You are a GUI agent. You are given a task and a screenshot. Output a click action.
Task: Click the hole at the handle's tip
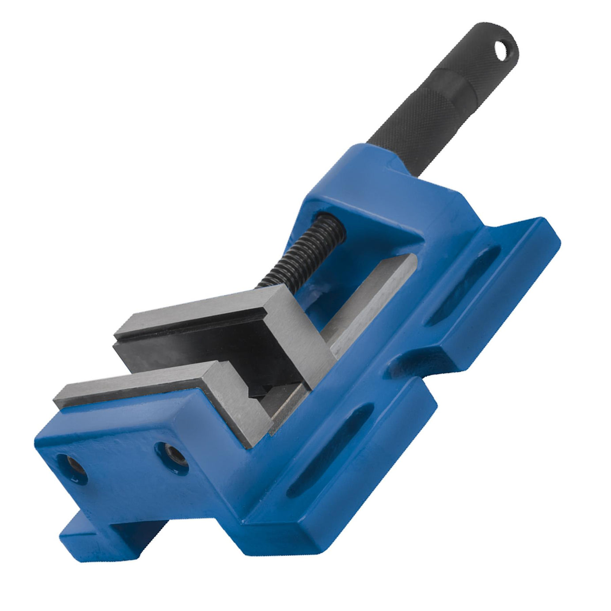[x=501, y=50]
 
